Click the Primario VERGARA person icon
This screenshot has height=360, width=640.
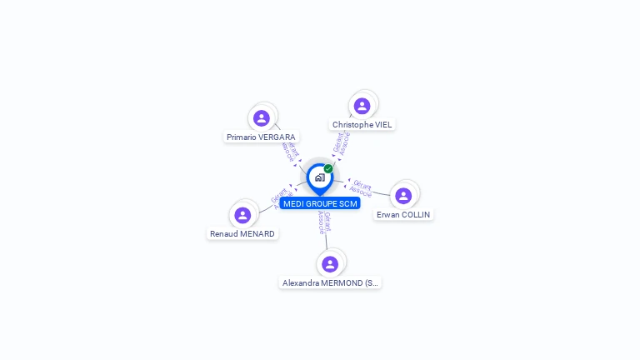(262, 118)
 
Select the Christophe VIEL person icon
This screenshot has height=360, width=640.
(362, 106)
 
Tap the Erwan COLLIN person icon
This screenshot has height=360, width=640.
(403, 196)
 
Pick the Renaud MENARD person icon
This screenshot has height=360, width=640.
(242, 215)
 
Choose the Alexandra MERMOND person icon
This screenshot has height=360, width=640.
(330, 264)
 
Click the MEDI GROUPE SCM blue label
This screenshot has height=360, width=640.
(320, 203)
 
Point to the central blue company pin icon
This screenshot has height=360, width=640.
(319, 177)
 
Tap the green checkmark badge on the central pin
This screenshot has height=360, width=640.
(328, 168)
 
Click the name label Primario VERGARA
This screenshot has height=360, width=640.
(261, 137)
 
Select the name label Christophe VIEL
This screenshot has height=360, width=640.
(362, 124)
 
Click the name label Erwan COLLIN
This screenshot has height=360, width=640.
(403, 214)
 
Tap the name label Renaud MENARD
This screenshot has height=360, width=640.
(242, 234)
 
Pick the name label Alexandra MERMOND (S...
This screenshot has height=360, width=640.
(330, 283)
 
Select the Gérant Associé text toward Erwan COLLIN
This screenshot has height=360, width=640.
(362, 187)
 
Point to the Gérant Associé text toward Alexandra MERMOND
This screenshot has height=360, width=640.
(324, 222)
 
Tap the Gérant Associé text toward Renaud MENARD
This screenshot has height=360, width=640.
(279, 197)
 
